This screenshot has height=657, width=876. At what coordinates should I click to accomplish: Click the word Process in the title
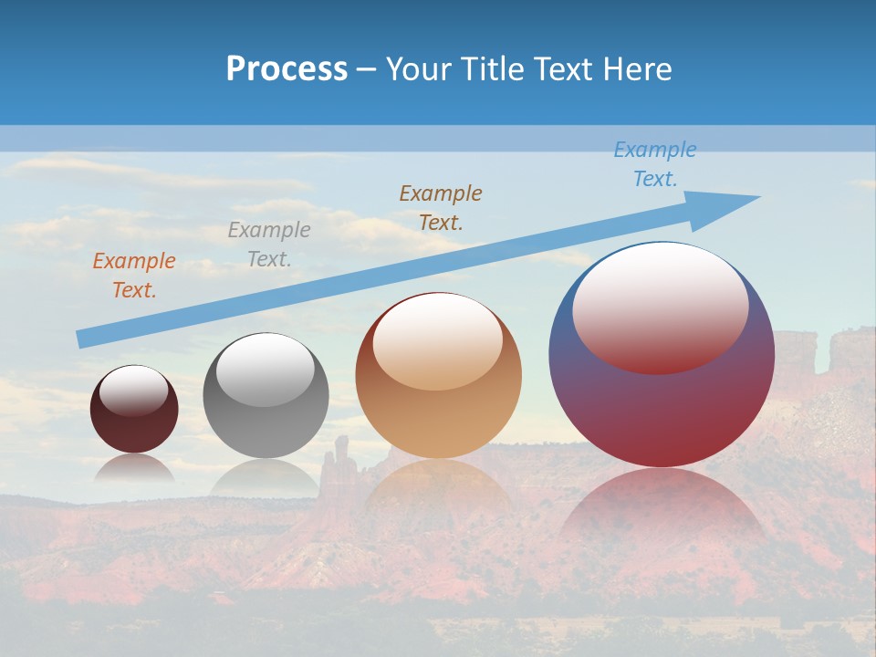tap(287, 69)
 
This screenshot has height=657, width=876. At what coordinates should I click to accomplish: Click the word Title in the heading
tap(491, 69)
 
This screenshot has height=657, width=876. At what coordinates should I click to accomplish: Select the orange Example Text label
tap(134, 276)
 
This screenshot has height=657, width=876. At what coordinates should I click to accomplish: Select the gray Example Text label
tap(269, 245)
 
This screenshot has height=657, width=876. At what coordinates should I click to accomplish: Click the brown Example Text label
tap(441, 207)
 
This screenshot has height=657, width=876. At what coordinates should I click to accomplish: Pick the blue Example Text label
tap(654, 164)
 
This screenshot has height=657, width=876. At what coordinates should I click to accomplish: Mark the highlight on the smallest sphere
tap(133, 391)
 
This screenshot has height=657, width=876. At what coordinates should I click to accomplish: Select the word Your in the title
tap(419, 69)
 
